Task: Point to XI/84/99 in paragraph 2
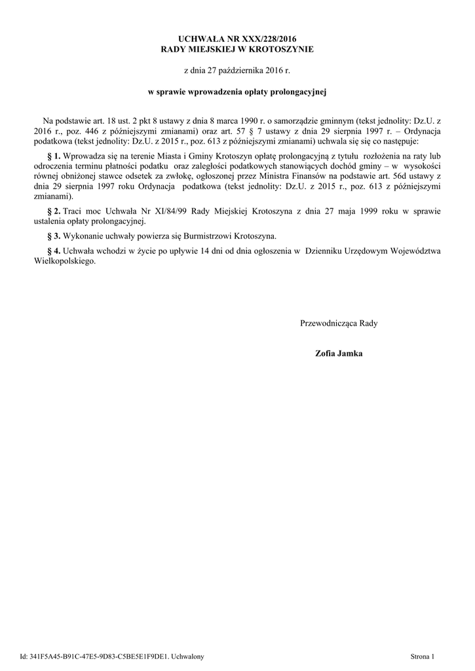tap(172, 211)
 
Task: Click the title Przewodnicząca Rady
tap(339, 323)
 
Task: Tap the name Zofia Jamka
tap(339, 354)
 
